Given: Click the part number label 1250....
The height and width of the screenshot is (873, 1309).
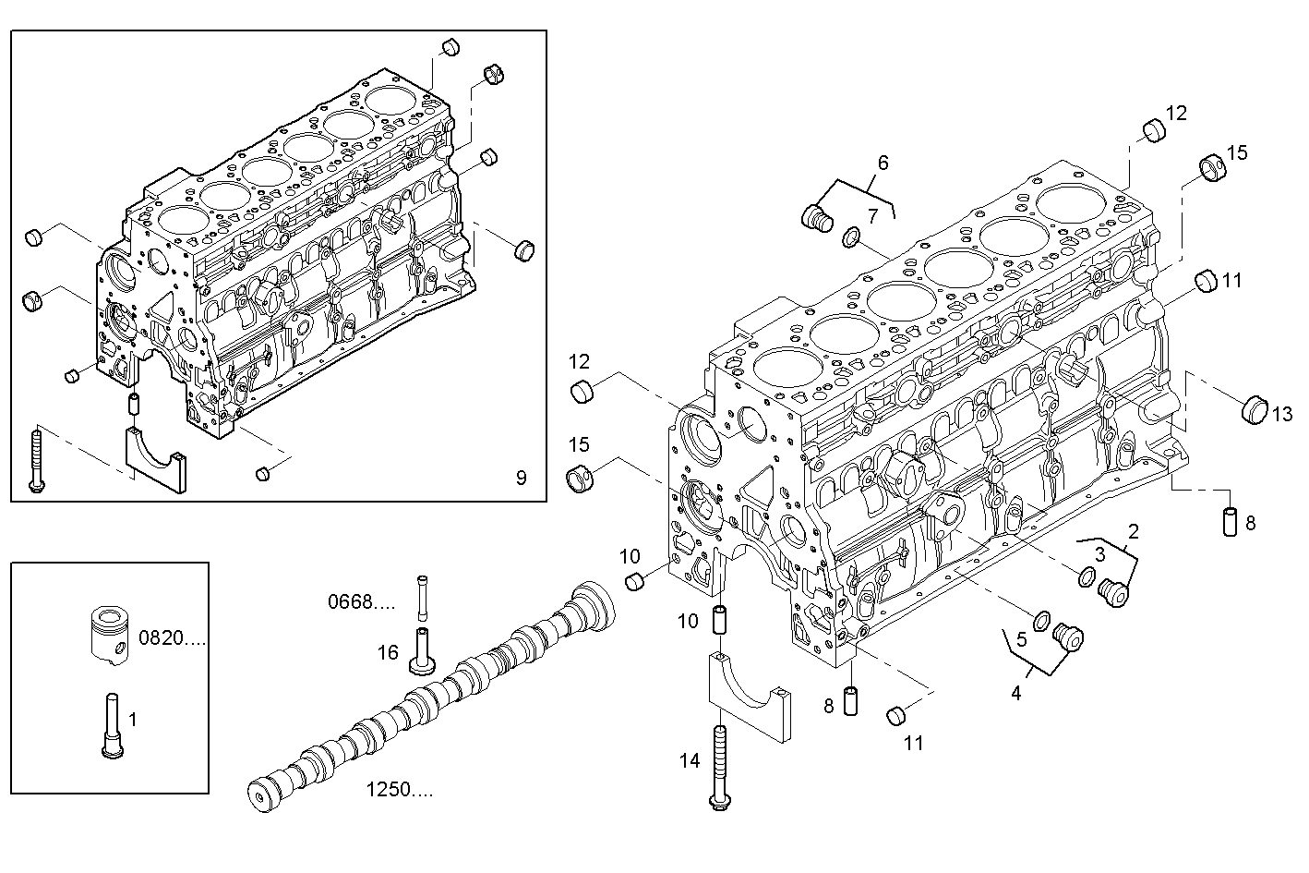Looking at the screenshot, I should [x=399, y=790].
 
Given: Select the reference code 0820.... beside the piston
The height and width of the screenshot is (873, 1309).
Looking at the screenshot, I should [x=172, y=637].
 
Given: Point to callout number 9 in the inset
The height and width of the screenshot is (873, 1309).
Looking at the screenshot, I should [x=521, y=478].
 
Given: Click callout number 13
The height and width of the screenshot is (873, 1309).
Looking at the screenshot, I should [x=1282, y=415].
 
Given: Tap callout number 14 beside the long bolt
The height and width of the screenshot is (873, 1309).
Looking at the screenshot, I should [x=690, y=761].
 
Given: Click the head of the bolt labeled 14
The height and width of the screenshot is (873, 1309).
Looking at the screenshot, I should [x=719, y=804].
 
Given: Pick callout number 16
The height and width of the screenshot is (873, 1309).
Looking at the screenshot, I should [x=388, y=653].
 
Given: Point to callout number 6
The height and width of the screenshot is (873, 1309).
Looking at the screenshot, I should [x=883, y=164].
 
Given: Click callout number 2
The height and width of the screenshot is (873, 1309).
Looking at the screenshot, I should [x=1133, y=531].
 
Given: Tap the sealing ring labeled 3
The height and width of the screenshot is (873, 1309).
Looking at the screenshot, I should [x=1086, y=579].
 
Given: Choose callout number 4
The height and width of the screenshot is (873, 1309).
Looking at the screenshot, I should [x=1015, y=693].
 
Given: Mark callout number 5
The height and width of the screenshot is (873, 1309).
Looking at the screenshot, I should [x=1021, y=638].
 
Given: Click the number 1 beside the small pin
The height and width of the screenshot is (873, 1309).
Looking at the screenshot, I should [x=132, y=719].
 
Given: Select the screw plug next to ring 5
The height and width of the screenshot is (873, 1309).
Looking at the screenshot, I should [x=1069, y=636].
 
